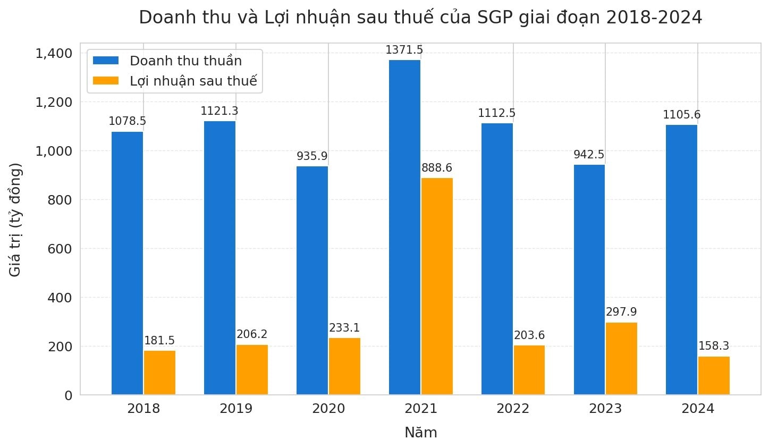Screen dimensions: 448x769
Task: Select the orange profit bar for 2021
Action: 437,286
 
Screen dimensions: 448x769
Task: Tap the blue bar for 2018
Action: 128,263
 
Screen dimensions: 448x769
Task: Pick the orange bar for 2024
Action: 714,376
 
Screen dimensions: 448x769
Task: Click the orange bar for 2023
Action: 621,359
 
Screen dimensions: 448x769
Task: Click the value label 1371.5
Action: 404,50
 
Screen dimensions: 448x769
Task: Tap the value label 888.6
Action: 437,168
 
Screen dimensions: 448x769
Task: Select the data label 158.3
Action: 714,346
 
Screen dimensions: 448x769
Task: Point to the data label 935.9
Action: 312,156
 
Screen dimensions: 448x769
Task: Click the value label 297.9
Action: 621,312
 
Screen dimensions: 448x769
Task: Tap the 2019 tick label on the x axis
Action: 236,409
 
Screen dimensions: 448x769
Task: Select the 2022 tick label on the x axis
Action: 513,409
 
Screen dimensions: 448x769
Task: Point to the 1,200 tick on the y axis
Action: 54,102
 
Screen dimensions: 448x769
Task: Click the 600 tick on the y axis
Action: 60,249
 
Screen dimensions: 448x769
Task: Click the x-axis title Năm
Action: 421,433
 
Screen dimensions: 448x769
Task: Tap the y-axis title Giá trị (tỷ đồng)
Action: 16,219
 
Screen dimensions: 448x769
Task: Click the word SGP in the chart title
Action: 495,18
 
